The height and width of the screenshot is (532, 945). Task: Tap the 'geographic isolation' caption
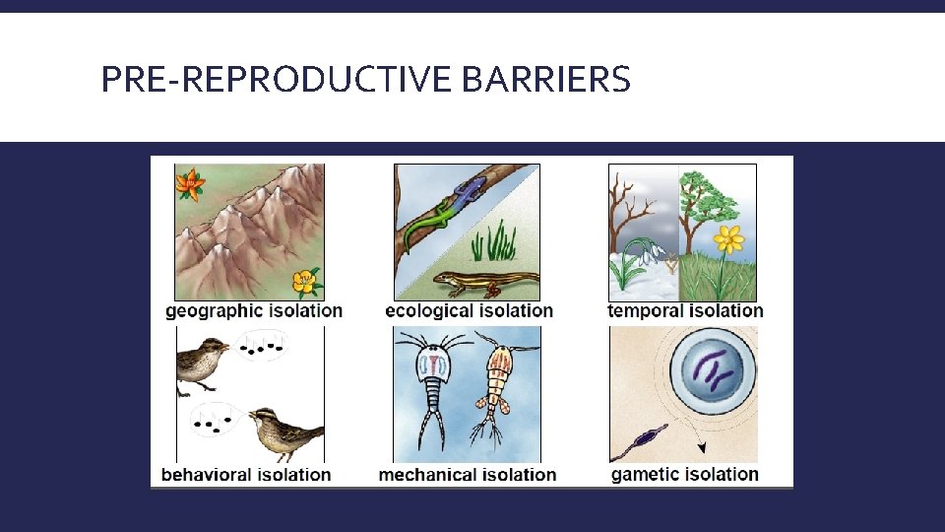click(254, 311)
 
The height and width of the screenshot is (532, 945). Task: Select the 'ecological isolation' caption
click(469, 311)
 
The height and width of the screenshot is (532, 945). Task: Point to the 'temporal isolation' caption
click(685, 311)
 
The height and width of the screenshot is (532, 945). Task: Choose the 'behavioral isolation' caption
click(246, 475)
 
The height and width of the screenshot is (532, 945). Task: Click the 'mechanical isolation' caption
click(468, 475)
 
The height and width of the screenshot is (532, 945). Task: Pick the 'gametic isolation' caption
click(685, 474)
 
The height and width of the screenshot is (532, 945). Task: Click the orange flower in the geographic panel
click(190, 184)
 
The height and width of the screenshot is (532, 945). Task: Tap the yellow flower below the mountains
click(307, 283)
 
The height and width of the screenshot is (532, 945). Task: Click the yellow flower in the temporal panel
click(728, 239)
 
